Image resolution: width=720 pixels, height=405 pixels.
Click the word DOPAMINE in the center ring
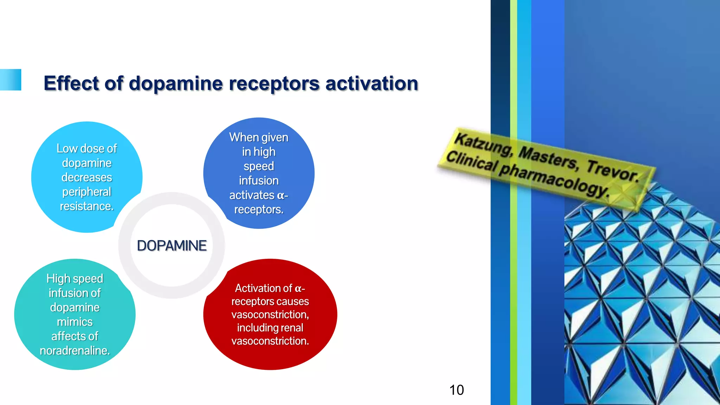tap(172, 246)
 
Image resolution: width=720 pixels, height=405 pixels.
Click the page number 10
tap(456, 390)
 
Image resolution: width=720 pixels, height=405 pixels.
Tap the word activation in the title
tap(372, 84)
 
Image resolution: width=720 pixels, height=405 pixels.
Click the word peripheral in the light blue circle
tap(86, 192)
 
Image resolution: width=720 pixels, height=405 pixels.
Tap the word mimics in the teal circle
tap(75, 322)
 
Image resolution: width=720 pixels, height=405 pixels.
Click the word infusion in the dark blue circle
tap(259, 181)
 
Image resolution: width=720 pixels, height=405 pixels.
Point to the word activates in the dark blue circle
tap(252, 195)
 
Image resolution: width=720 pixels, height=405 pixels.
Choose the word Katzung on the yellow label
tap(483, 144)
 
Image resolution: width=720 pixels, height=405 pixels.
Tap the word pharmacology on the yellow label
tap(554, 179)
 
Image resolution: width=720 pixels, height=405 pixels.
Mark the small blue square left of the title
tap(11, 80)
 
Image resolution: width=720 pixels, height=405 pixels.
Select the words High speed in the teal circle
tap(75, 279)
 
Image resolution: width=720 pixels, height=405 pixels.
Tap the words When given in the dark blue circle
tap(259, 137)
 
